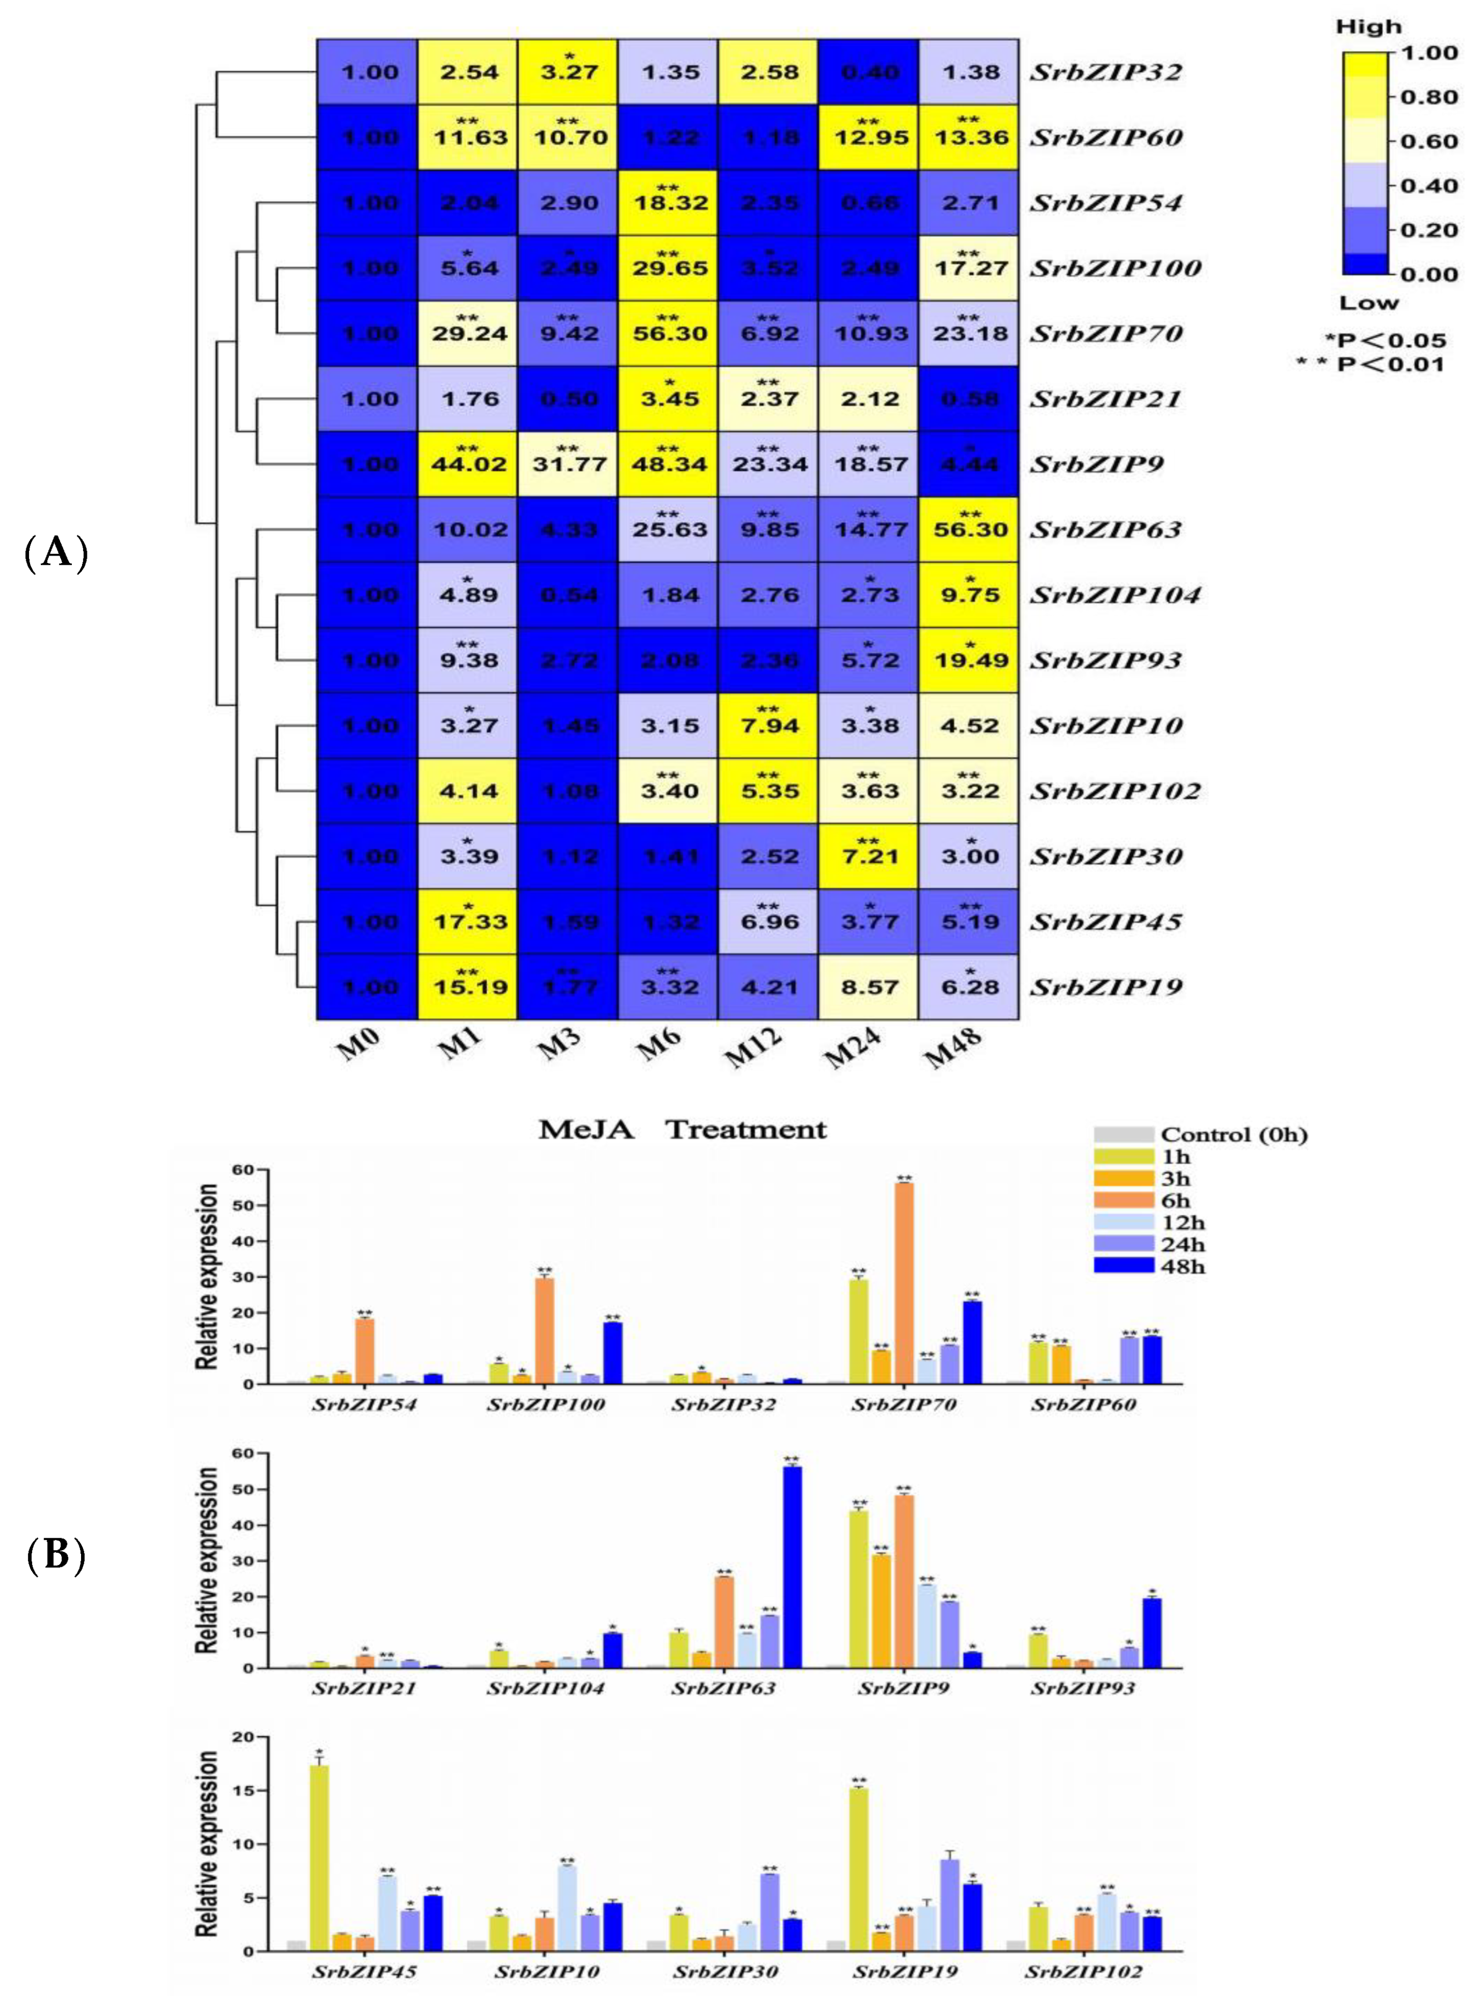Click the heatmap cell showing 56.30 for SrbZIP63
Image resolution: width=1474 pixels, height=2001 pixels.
coord(970,529)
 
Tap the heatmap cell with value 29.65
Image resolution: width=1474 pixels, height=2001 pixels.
coord(669,268)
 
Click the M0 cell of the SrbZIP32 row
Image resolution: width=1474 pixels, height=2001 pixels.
coord(369,71)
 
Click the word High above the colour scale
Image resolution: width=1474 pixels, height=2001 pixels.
coord(1368,27)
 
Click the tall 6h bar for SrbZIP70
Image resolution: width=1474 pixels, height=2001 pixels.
coord(904,1285)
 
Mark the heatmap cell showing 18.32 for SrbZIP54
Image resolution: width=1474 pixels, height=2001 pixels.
coord(669,202)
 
